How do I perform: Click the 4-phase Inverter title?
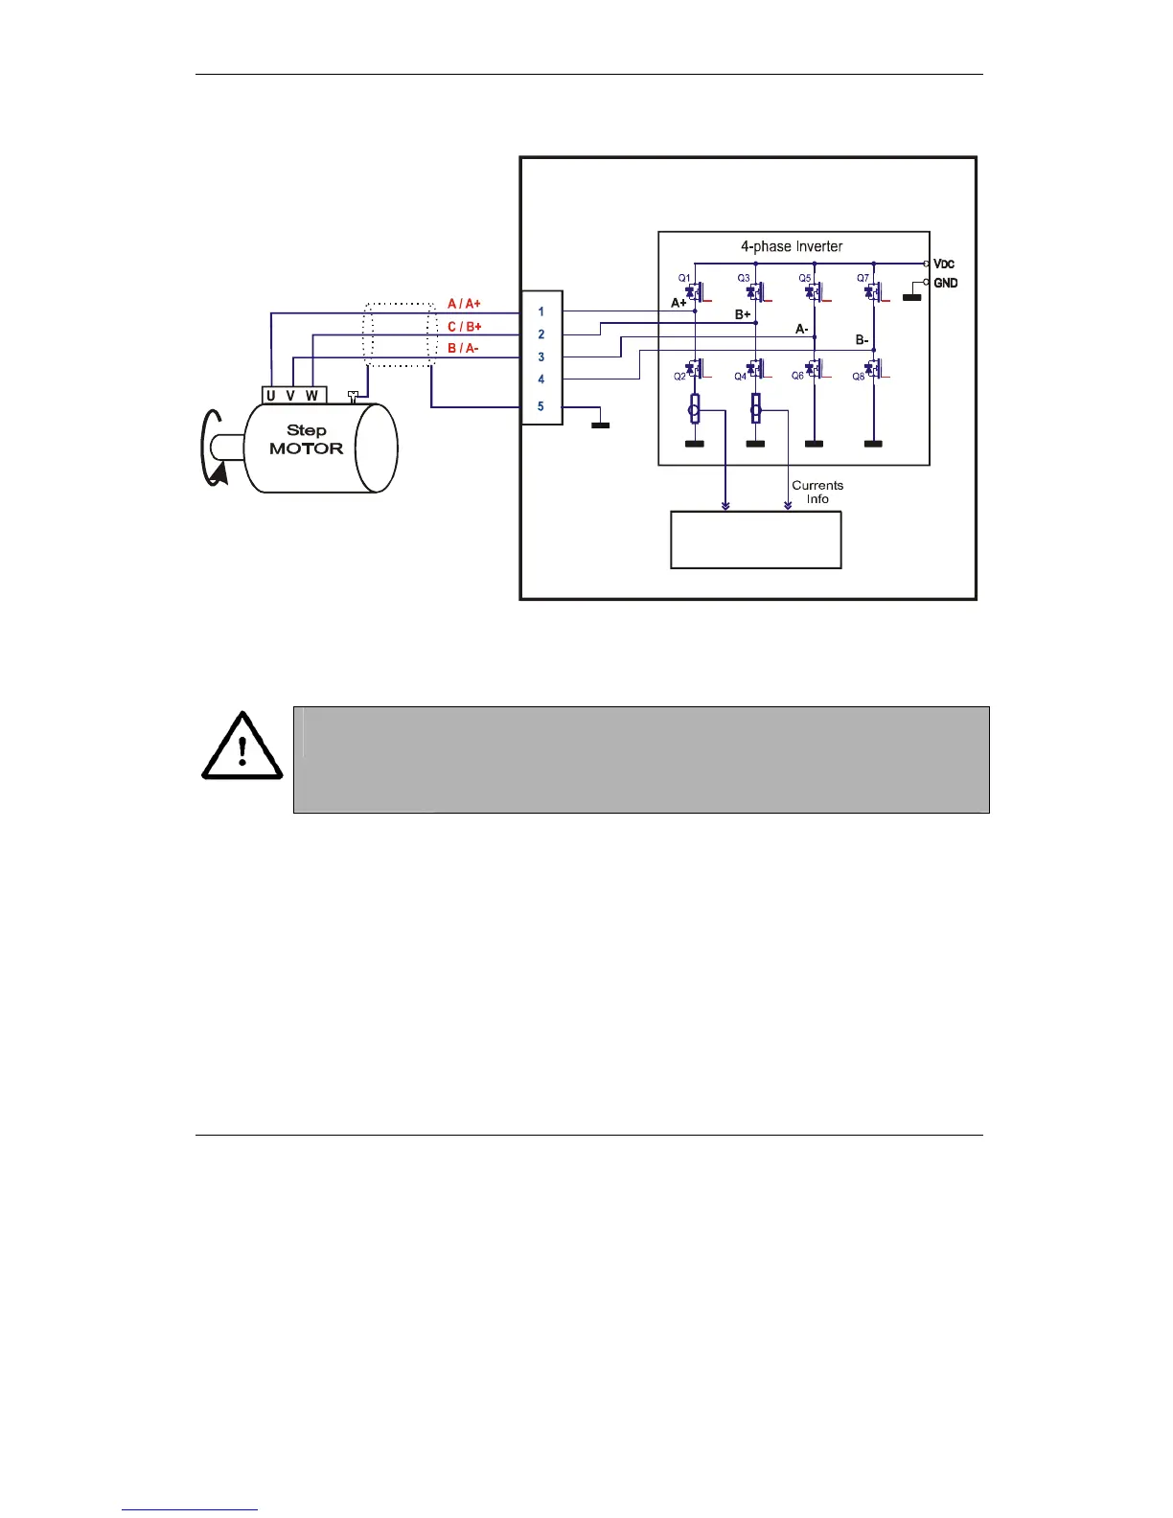click(792, 246)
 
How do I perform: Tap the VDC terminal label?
click(944, 264)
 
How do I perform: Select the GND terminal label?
click(945, 283)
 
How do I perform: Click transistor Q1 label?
click(684, 278)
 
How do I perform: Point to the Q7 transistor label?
click(862, 278)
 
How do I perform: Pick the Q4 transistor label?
click(740, 377)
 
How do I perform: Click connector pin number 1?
click(541, 311)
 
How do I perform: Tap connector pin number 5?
click(540, 406)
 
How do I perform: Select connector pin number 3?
click(541, 356)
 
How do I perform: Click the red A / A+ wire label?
click(465, 304)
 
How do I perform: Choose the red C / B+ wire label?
click(465, 327)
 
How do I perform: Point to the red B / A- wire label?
click(463, 348)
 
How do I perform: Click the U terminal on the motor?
click(271, 396)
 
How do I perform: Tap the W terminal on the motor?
click(311, 396)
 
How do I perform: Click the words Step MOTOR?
click(306, 440)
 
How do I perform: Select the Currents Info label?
click(817, 492)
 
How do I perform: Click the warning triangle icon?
click(242, 747)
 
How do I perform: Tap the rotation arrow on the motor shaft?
click(215, 449)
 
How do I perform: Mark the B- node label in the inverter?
click(862, 340)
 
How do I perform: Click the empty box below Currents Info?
click(755, 540)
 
